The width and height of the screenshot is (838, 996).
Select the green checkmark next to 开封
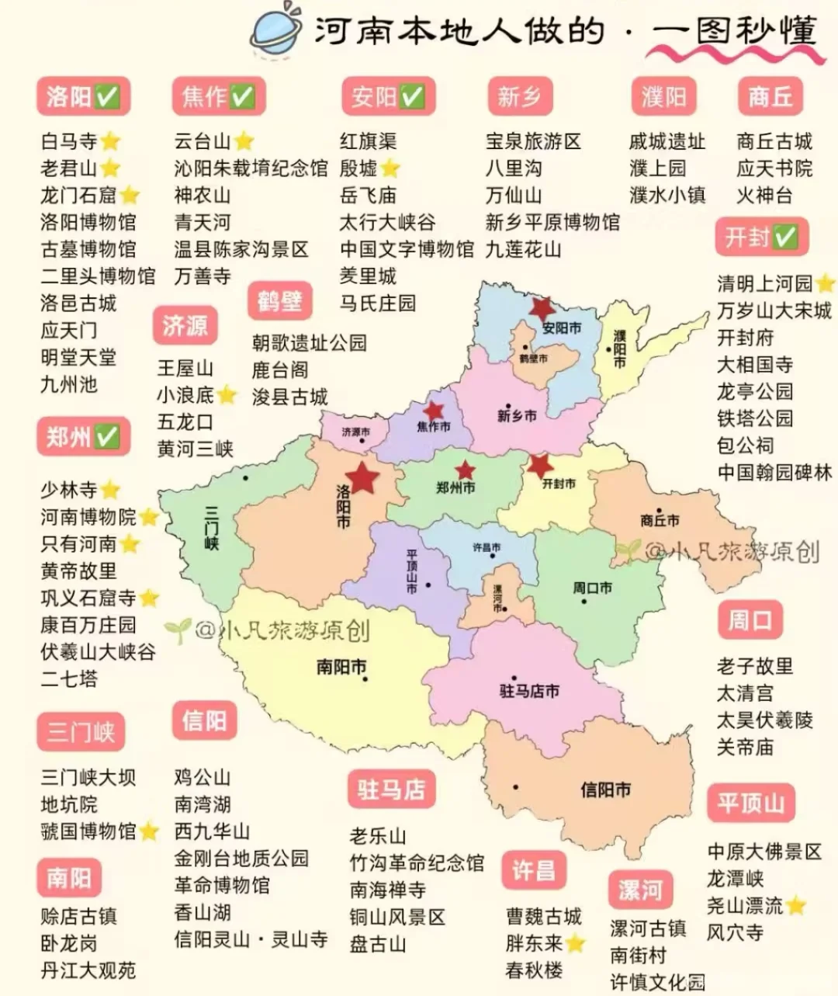(x=785, y=238)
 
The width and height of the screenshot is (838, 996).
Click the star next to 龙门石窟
(x=130, y=196)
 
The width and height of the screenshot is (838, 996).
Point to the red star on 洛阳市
(x=362, y=477)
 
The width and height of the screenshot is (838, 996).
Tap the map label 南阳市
(x=341, y=667)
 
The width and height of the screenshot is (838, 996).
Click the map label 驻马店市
(x=529, y=690)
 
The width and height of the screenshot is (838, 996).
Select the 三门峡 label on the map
(x=211, y=528)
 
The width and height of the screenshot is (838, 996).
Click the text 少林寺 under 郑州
(x=69, y=490)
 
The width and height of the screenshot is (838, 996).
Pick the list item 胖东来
(x=534, y=943)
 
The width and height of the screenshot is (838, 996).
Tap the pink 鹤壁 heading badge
(x=279, y=300)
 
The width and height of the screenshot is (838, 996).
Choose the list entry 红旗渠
(x=368, y=141)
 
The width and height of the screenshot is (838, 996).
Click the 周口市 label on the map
(x=592, y=588)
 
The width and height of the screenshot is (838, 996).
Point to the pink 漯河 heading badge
(x=640, y=890)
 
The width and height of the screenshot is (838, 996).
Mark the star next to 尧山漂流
(x=795, y=906)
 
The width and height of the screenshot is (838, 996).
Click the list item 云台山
(x=203, y=141)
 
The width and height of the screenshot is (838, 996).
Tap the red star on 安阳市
(x=542, y=308)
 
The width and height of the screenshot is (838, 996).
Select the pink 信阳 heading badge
(x=204, y=720)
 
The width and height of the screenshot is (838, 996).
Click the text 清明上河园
(x=764, y=283)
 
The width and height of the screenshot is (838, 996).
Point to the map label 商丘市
(x=660, y=520)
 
